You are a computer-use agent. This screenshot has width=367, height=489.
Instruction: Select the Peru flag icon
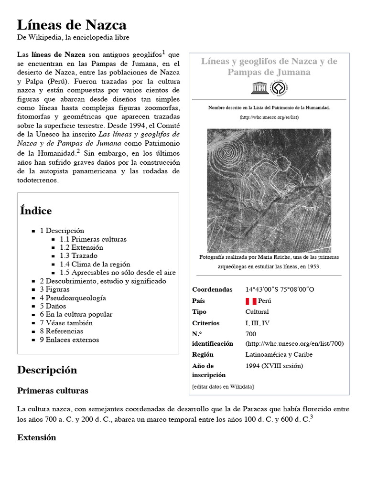(250, 301)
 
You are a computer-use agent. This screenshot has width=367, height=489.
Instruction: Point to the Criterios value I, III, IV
(258, 323)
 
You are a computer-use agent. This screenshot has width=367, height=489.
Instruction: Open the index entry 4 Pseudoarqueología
(73, 298)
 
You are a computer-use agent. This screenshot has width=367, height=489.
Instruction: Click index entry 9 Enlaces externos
(69, 340)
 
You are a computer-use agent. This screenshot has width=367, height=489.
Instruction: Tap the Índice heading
(36, 211)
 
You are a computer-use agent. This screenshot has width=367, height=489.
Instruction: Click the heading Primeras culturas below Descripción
(53, 391)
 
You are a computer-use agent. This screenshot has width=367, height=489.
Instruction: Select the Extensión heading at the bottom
(36, 437)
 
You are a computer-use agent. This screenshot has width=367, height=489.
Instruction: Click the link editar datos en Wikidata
(223, 386)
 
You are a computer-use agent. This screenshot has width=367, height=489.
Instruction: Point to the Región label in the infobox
(203, 355)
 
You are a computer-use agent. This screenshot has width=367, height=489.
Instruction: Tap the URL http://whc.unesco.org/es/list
(269, 117)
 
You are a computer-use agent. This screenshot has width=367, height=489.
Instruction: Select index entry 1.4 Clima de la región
(95, 264)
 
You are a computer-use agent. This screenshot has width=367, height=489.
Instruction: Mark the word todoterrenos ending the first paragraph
(38, 181)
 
